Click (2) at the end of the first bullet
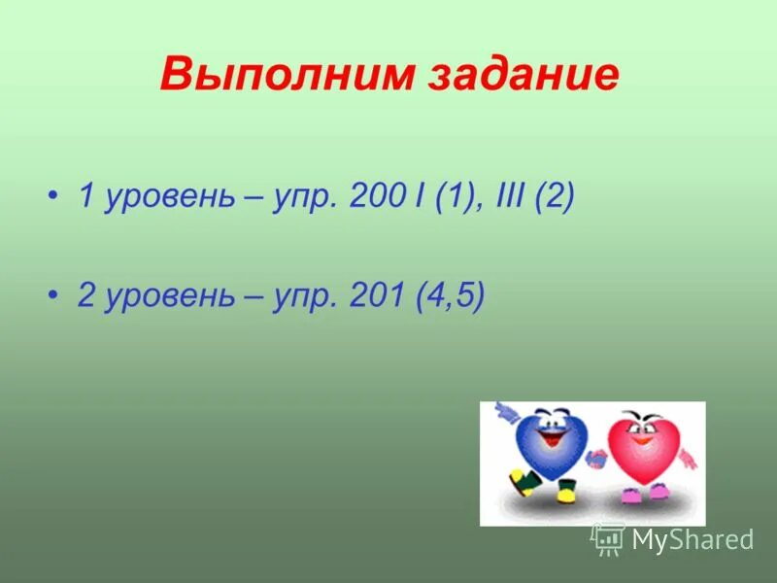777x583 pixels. pos(557,197)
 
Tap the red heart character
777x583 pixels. pos(640,448)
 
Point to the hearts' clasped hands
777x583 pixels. pos(595,457)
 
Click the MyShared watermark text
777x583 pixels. pos(693,539)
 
